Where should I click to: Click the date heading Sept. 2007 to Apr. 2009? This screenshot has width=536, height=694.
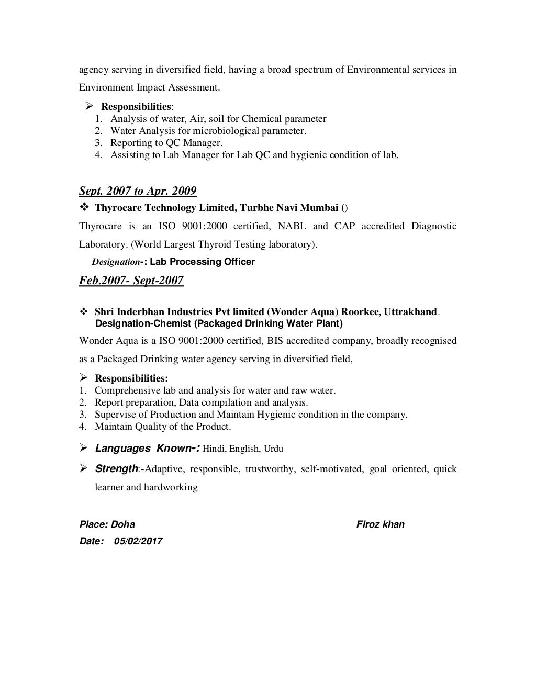(138, 191)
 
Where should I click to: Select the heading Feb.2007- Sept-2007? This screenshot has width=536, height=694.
(131, 281)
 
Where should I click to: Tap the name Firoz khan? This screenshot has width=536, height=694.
(380, 524)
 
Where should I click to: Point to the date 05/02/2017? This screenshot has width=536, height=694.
(138, 541)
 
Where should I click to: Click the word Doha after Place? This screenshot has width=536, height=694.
(123, 524)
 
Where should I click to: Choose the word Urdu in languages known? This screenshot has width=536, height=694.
(273, 449)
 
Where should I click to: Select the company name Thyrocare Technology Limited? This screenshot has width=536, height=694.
(165, 208)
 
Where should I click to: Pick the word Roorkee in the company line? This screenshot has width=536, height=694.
(361, 312)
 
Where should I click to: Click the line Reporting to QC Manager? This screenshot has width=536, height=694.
(166, 142)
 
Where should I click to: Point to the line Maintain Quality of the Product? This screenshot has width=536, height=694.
(162, 426)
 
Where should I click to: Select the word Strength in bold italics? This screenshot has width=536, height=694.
(116, 468)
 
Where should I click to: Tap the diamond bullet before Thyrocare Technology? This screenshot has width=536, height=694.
(83, 208)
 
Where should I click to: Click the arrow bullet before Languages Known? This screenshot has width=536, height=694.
(83, 448)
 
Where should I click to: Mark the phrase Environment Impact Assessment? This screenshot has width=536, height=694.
(149, 87)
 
